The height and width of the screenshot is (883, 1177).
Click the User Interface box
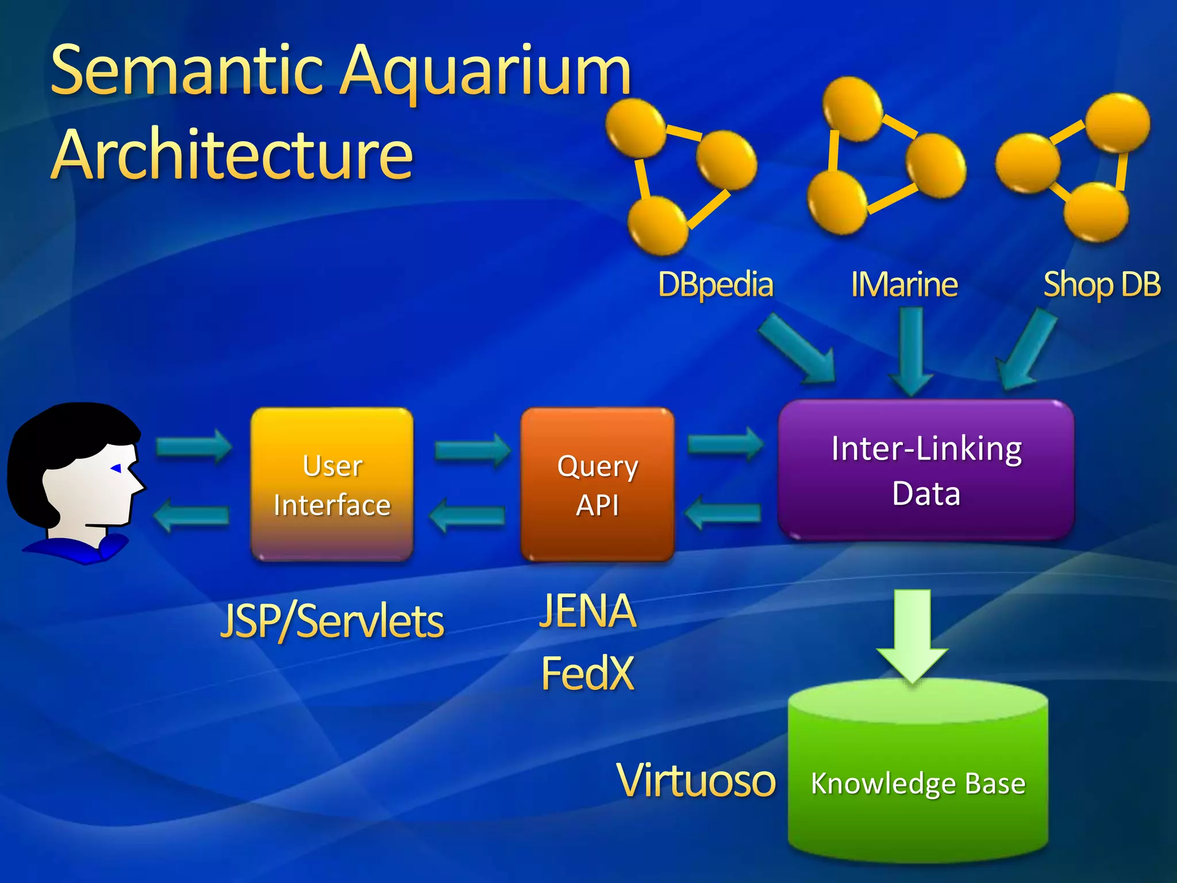coord(332,485)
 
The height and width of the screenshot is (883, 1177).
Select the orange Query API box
coord(597,485)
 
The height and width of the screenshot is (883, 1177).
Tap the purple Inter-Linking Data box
coord(926,470)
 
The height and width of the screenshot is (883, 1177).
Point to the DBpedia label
coord(716,285)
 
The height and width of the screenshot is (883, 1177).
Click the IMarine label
coord(904,285)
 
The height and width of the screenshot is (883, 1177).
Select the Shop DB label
coord(1102,285)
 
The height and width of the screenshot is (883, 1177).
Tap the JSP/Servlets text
coord(332,621)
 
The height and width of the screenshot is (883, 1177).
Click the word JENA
coord(587,611)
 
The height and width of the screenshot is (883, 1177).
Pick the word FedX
coord(587,673)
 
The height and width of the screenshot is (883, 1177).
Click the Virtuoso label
coord(696,780)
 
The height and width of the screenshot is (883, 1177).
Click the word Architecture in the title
coord(232,154)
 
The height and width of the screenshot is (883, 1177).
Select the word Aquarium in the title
coord(486,72)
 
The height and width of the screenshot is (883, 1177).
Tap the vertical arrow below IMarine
coord(911,351)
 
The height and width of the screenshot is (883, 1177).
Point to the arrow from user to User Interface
coord(193,446)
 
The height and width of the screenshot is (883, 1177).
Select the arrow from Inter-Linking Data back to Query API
coord(724,512)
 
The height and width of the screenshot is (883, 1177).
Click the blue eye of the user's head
coord(117,469)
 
